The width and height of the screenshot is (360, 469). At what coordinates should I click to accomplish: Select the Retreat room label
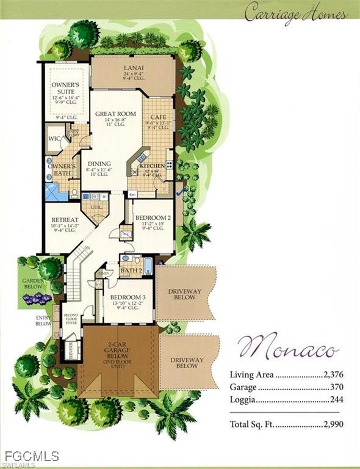64,220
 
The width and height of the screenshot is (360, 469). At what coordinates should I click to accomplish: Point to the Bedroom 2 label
149,218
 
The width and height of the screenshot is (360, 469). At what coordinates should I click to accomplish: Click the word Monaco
288,349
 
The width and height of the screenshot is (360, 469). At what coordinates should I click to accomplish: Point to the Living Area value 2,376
332,375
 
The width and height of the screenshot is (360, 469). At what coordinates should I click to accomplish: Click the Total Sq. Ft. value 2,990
332,424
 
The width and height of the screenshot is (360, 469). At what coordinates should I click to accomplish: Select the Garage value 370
336,387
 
